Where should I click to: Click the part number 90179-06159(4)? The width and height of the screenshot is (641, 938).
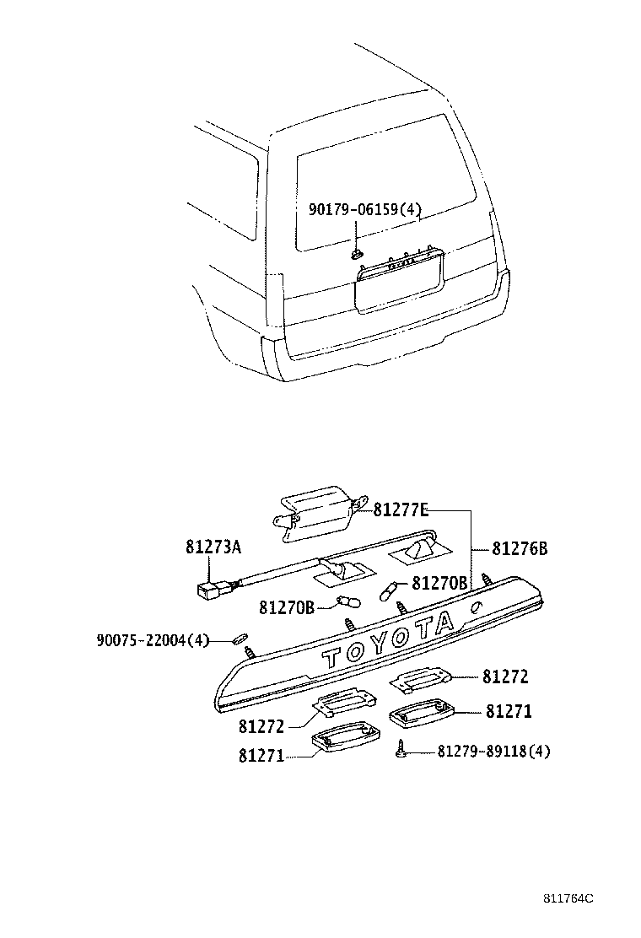click(365, 212)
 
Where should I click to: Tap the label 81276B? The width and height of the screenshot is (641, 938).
click(520, 549)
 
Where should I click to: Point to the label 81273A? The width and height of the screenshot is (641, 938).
click(213, 547)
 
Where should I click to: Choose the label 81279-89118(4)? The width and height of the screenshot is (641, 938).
click(493, 751)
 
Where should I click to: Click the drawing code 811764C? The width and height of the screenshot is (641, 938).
click(568, 899)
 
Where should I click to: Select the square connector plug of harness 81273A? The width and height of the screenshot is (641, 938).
click(207, 590)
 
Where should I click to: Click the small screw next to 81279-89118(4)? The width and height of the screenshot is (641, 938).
click(403, 747)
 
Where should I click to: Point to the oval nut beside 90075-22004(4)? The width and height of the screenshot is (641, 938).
click(239, 639)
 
